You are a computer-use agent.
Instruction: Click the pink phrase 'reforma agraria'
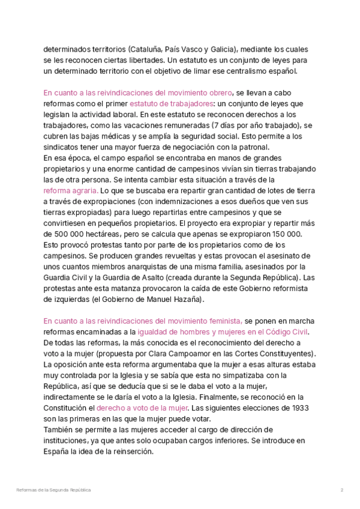(x=68, y=190)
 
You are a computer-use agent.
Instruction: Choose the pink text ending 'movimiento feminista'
(x=143, y=321)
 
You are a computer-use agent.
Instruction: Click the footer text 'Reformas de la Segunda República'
(x=54, y=490)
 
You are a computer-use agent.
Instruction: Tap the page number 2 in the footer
(x=341, y=490)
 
